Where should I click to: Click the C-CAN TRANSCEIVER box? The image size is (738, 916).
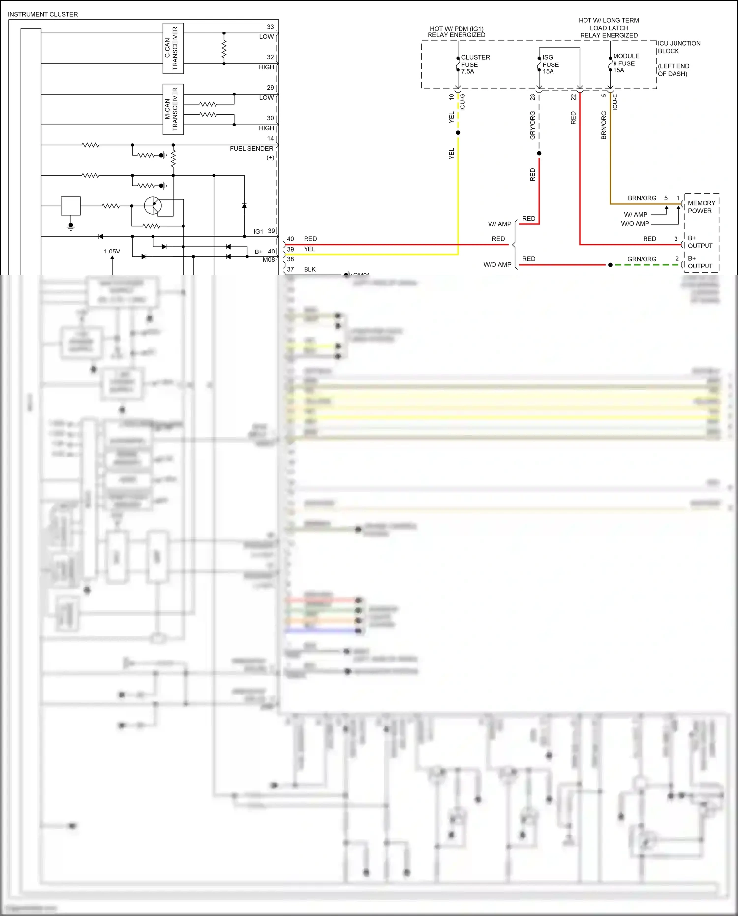[173, 48]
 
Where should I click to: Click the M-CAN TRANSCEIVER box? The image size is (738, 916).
[173, 109]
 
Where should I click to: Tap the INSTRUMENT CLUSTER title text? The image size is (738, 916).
[43, 14]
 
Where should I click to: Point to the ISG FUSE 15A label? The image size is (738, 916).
[551, 64]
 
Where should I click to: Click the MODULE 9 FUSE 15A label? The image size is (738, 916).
[625, 63]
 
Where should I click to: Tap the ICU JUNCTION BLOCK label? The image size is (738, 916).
[678, 47]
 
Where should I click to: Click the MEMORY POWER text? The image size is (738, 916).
[701, 207]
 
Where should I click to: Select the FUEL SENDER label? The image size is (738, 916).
[251, 149]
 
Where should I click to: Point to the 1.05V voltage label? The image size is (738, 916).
[112, 252]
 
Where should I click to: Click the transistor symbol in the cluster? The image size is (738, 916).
[153, 205]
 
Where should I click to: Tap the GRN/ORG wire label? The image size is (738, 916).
[642, 259]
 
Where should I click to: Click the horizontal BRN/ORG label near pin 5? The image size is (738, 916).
[642, 198]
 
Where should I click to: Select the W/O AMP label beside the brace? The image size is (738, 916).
[497, 265]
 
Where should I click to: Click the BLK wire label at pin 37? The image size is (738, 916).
[310, 269]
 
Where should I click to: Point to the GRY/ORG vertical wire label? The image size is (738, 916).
[532, 125]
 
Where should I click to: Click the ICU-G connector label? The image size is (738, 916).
[462, 101]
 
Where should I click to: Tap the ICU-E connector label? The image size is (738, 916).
[615, 101]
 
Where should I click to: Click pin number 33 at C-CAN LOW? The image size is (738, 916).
[270, 27]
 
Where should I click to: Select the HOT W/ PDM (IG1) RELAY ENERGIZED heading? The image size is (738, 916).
[456, 32]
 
